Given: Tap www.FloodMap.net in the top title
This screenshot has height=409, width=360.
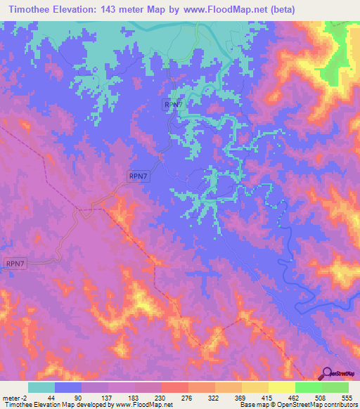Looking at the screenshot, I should click(234, 9).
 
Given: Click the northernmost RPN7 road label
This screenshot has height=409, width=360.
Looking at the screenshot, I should click(174, 105).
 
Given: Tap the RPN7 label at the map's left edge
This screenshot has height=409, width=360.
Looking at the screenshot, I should click(15, 264).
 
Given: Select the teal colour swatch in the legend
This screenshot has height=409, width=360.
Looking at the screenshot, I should click(41, 387).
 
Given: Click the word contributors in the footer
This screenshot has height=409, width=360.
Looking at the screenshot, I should click(337, 405).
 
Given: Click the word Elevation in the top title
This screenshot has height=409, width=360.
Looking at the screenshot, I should click(84, 9).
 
